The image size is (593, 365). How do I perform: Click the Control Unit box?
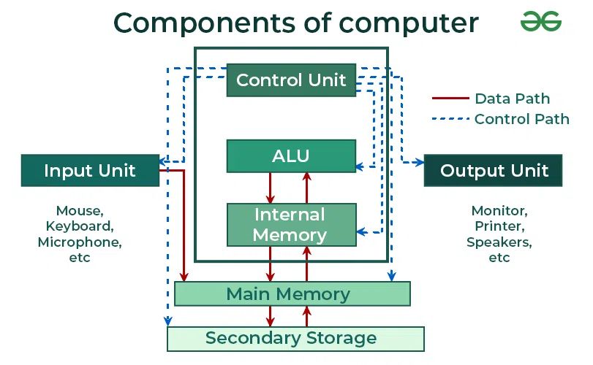pos(291,80)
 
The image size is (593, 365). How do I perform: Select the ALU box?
pos(291,155)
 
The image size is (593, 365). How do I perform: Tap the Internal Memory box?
pos(291,225)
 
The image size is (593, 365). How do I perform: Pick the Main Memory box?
pos(292,294)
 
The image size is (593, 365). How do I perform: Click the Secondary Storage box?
pos(295,339)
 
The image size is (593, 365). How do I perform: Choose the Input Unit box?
pos(90,171)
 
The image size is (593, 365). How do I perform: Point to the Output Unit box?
pos(494,171)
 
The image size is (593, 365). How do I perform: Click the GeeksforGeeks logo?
pos(541,22)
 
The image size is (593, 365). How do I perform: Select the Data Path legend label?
pos(512,99)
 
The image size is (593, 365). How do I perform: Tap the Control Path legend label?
pos(521,119)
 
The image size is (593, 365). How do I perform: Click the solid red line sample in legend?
pos(449,99)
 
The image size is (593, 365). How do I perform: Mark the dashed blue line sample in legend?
pos(449,119)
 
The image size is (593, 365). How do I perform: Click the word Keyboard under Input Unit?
pos(80,226)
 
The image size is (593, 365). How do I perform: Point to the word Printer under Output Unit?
pos(499,226)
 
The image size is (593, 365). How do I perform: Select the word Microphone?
pos(80,242)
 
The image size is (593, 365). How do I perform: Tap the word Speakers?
pos(499,242)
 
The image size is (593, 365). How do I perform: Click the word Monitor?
pos(499,210)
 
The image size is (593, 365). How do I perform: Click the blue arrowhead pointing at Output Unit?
pos(420,161)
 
